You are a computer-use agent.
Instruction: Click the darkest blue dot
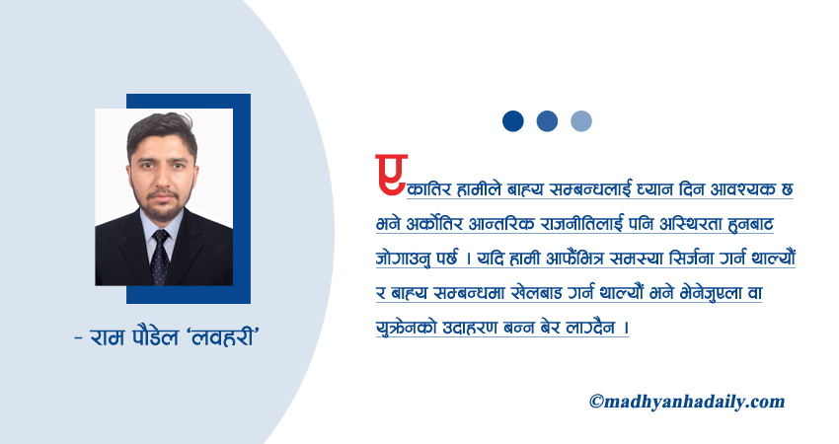512,120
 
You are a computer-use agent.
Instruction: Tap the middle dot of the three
547,120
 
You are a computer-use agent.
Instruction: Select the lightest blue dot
581,120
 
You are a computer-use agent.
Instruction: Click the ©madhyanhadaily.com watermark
686,401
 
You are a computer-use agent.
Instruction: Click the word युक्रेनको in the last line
408,327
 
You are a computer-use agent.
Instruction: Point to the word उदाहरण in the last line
484,327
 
